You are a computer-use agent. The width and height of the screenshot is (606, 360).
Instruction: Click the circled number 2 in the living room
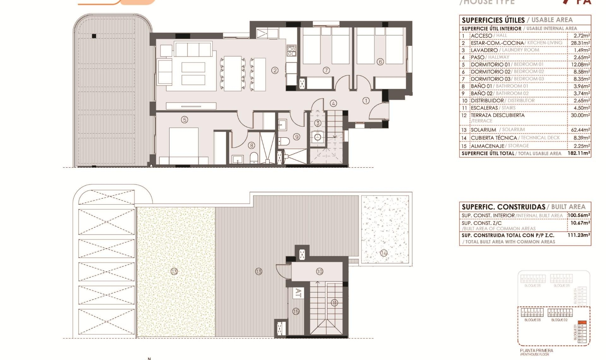pos(275,70)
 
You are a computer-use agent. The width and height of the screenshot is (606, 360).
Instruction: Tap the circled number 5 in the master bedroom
pos(185,119)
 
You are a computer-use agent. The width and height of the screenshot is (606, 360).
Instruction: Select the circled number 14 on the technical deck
pos(384,253)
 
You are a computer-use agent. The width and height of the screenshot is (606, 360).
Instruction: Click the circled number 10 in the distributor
pos(319,272)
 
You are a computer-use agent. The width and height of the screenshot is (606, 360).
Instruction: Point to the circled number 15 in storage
pos(296,311)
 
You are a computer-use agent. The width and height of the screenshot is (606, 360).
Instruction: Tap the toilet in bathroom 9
pos(284,141)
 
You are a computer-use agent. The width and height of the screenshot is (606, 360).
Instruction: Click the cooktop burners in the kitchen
pos(292,51)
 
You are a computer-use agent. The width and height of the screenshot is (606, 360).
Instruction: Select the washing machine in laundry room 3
pos(318,137)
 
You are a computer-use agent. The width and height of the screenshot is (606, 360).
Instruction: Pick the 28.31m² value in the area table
pos(580,43)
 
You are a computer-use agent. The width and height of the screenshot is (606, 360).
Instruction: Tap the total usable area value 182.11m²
pos(579,153)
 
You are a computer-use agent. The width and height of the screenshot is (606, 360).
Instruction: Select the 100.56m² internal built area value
pos(579,215)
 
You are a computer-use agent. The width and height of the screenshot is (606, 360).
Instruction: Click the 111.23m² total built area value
pos(579,235)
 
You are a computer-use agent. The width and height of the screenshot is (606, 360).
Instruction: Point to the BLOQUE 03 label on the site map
pos(532,320)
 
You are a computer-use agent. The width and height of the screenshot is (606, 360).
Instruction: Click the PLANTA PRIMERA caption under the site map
pos(537,351)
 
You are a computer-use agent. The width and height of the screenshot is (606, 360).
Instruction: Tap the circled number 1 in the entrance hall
pos(366,101)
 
